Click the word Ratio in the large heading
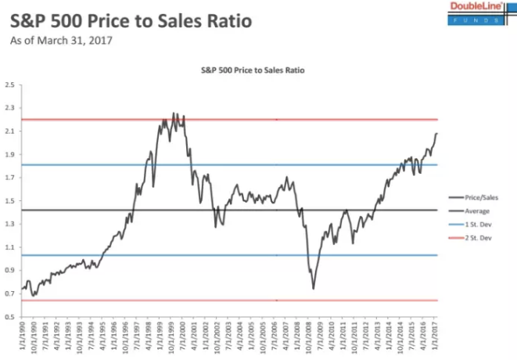click(x=221, y=20)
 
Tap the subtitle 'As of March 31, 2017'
click(x=60, y=39)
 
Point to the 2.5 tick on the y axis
click(x=11, y=85)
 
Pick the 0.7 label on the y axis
click(x=11, y=293)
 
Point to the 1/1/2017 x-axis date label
click(x=436, y=339)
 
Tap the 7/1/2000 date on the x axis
click(x=184, y=339)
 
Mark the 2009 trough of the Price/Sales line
click(x=314, y=289)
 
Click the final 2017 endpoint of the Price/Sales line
click(x=436, y=134)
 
